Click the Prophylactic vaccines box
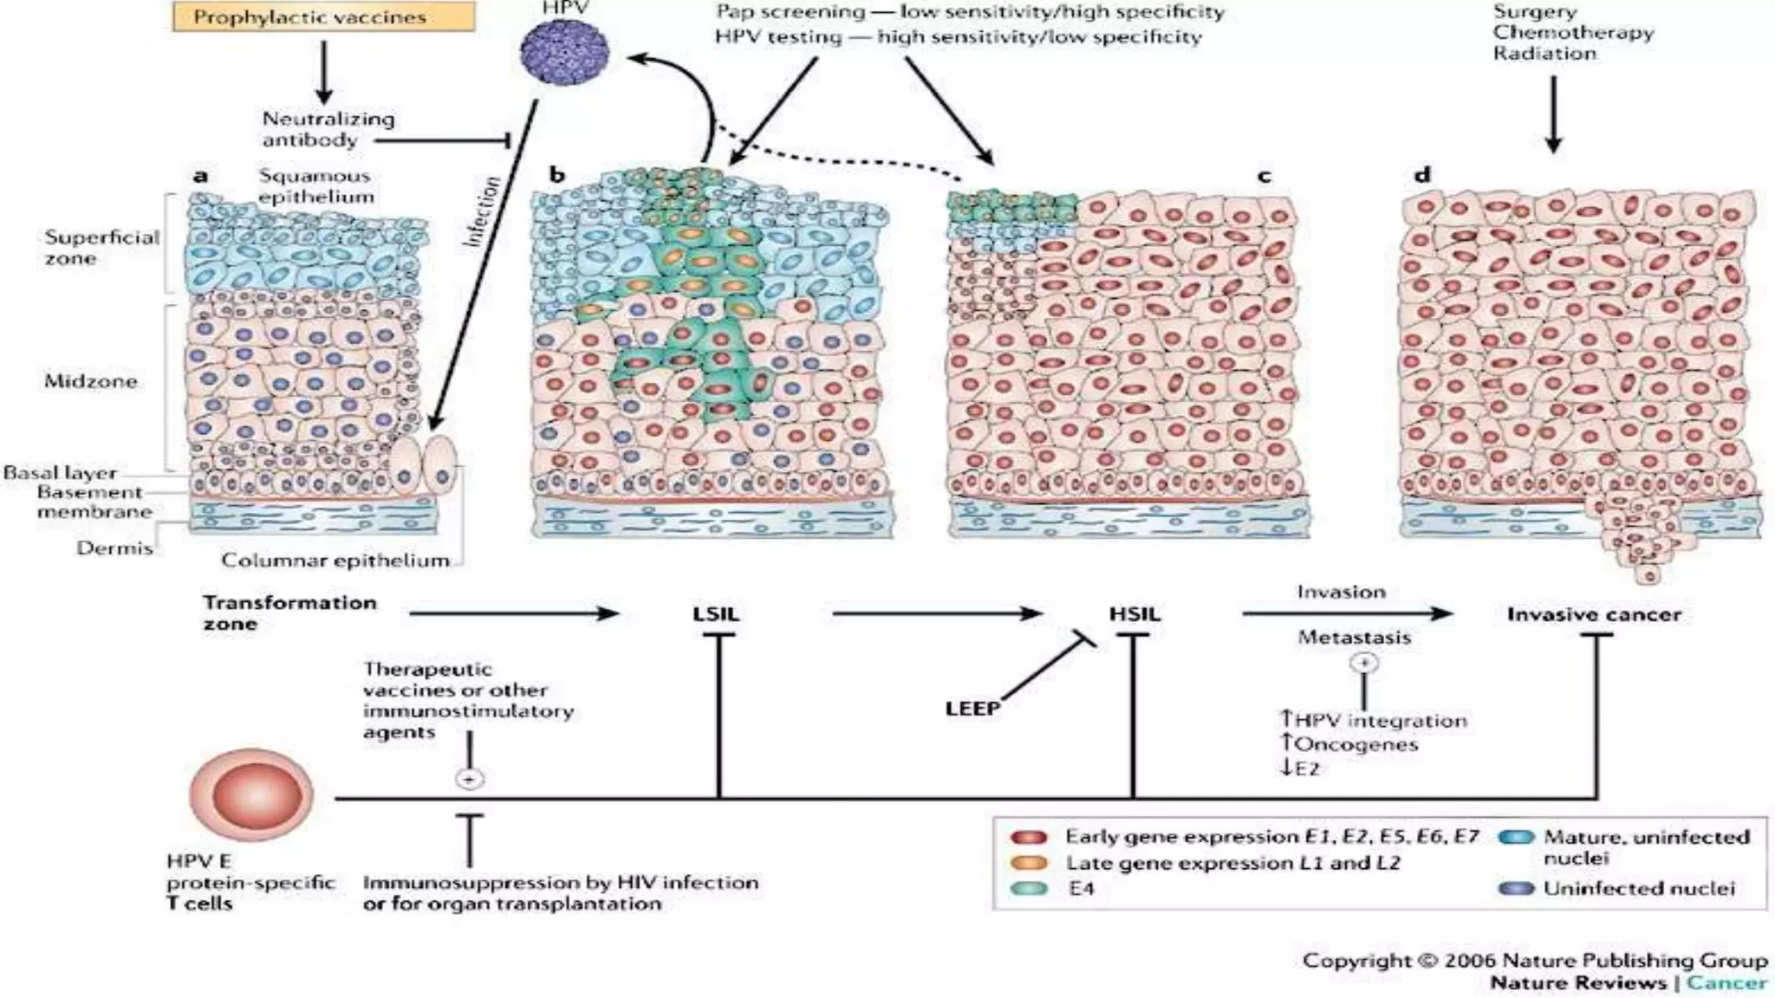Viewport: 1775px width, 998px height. (x=323, y=17)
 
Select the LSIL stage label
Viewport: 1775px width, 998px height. (x=716, y=614)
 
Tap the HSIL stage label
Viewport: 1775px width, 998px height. (x=1134, y=614)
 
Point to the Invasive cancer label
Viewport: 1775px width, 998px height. (x=1594, y=614)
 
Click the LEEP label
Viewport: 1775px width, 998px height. (x=972, y=709)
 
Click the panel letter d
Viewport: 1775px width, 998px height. (x=1422, y=175)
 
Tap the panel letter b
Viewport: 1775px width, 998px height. (x=556, y=175)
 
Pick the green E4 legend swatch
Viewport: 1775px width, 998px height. (x=1029, y=888)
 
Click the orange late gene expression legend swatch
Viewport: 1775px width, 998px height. (x=1029, y=863)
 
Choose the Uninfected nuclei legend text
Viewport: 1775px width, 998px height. (x=1638, y=888)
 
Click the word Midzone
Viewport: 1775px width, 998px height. (x=90, y=381)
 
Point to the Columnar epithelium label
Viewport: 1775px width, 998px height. (x=335, y=561)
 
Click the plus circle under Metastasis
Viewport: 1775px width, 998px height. (x=1364, y=664)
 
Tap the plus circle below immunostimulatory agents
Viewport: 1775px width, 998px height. (x=469, y=780)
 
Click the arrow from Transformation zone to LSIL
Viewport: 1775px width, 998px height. (x=513, y=614)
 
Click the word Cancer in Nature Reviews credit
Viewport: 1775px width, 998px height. (x=1726, y=982)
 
